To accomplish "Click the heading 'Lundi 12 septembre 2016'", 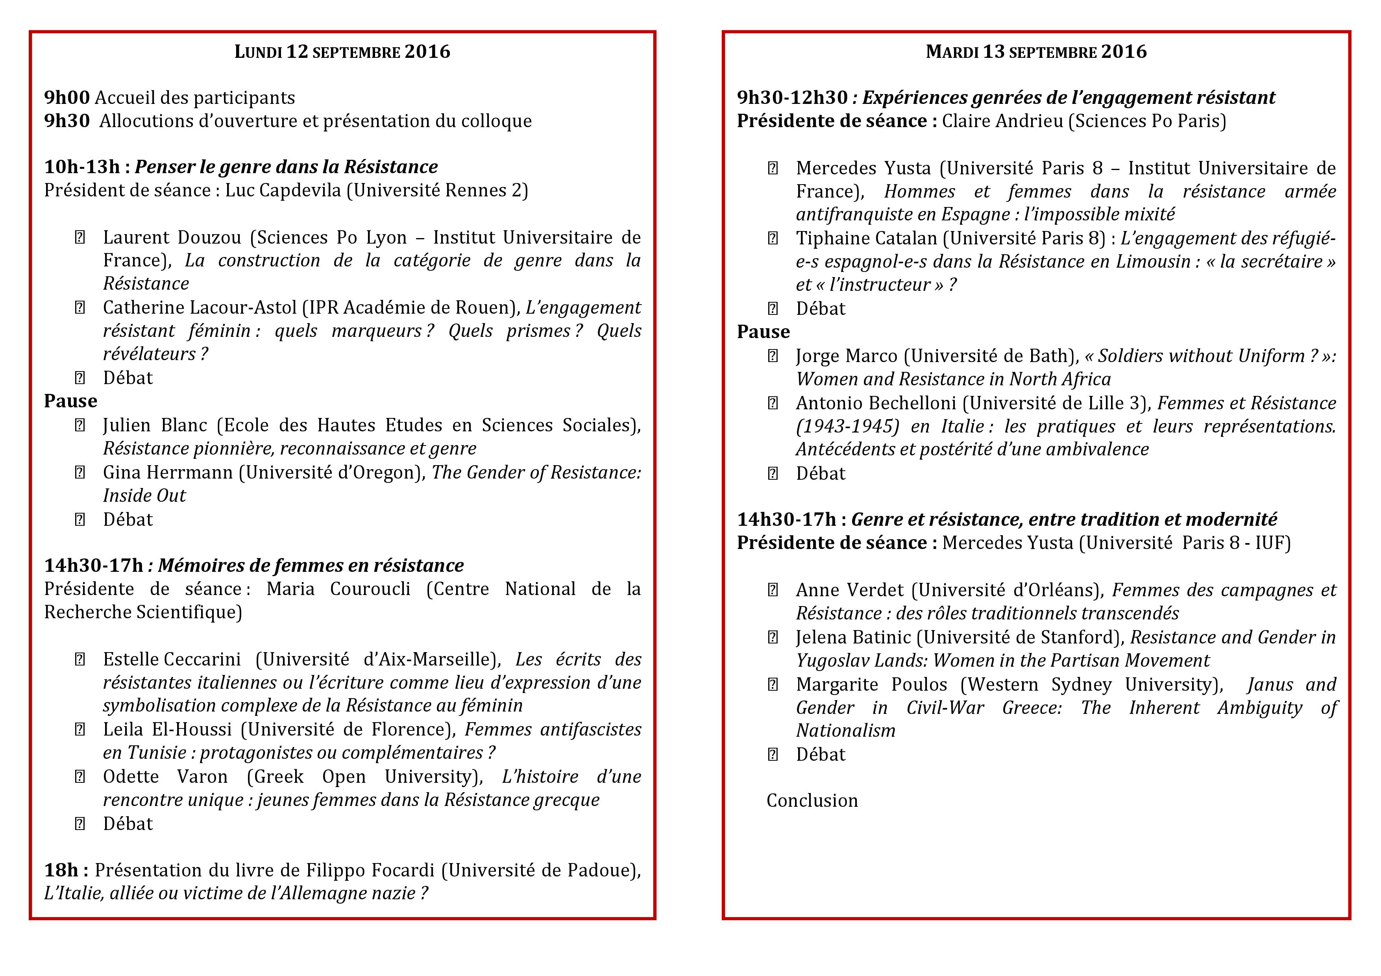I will point(342,52).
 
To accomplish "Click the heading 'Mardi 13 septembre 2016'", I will point(1036,52).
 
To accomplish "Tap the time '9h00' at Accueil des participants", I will point(67,98).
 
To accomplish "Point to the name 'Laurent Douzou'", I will point(172,238).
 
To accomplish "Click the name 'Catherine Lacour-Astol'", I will point(200,308).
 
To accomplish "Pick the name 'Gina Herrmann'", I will point(168,473).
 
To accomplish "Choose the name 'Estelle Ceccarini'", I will point(172,660).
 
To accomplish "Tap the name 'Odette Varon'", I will point(165,777).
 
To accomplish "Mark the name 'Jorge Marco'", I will point(846,356).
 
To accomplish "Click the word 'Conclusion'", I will point(812,801).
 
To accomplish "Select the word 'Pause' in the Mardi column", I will point(763,332).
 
